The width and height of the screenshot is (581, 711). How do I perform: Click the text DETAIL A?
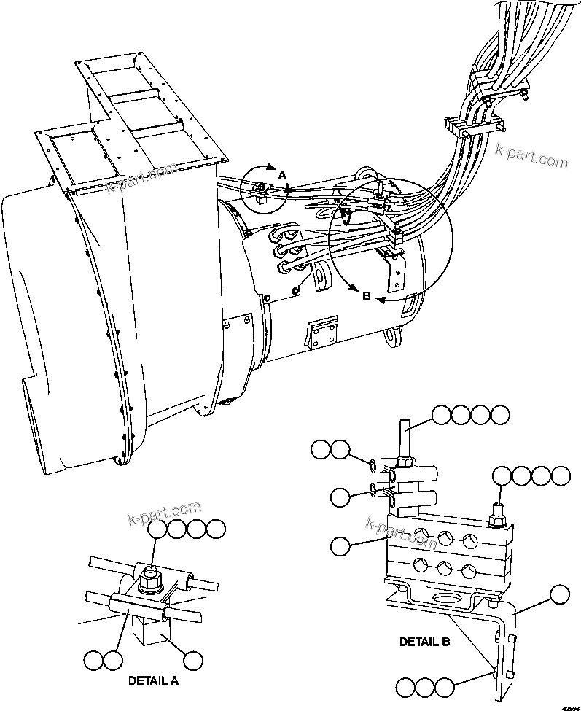tap(153, 680)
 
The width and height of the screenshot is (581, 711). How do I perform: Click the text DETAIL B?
tap(424, 642)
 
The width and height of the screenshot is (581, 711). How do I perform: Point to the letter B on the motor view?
tap(367, 295)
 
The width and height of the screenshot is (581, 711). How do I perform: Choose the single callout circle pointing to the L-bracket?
tap(560, 595)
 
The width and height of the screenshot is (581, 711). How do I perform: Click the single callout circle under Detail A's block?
tap(193, 661)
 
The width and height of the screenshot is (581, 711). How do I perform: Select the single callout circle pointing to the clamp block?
tap(340, 544)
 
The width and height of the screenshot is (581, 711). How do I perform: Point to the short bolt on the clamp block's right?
tap(498, 511)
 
